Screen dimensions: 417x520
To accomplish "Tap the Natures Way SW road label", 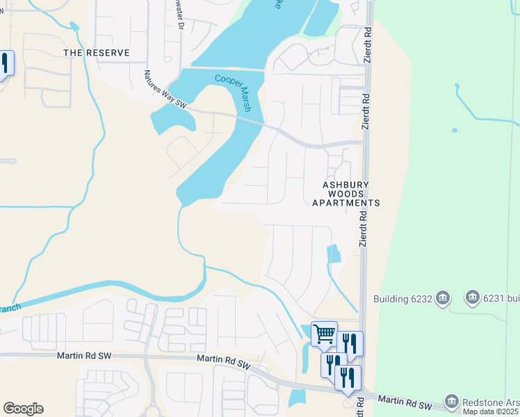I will point(165,89).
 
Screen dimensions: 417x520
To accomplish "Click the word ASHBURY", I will point(345,185).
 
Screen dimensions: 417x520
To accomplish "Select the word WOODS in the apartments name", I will point(346,194).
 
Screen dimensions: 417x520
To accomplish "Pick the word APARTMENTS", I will point(346,203).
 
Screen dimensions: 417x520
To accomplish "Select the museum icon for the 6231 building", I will point(473,297).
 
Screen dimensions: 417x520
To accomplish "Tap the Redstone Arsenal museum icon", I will point(452,401).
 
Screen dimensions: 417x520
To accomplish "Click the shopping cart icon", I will point(324,334).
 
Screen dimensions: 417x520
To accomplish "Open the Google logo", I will point(23,409).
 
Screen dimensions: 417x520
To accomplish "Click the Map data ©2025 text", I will point(491,412).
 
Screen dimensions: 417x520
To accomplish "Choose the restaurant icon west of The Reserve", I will point(4,64).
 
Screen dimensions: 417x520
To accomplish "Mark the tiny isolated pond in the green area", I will point(454,130).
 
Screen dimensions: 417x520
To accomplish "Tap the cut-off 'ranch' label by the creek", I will point(10,307).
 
